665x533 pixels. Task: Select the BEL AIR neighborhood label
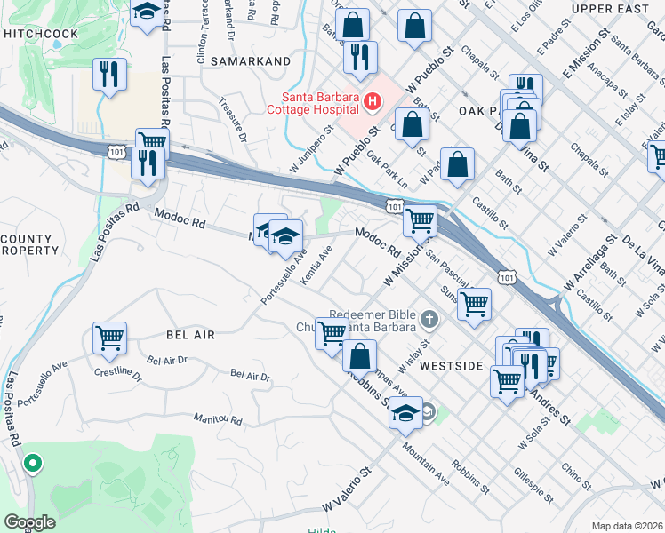point(190,334)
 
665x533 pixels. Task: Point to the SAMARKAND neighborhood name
point(251,60)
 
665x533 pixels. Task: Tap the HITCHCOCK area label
point(40,33)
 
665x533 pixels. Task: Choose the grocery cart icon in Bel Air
point(109,338)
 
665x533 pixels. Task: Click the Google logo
point(30,522)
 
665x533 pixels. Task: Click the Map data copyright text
point(628,526)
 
